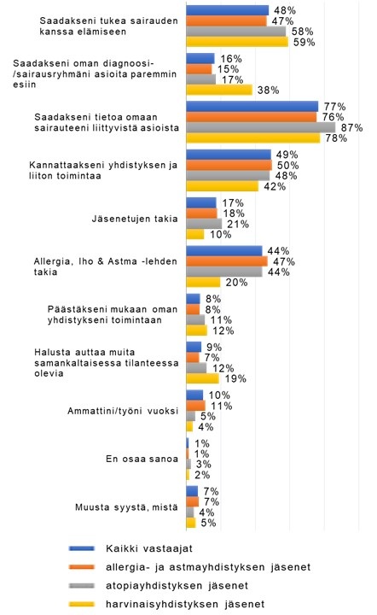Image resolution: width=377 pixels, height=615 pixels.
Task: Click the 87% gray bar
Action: tap(261, 127)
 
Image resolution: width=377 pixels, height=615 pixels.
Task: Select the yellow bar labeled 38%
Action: tap(219, 90)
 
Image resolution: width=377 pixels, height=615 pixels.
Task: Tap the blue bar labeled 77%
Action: tap(252, 106)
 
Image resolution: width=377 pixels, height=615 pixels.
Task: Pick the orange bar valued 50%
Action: tap(229, 165)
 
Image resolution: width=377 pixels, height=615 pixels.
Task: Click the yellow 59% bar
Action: tap(237, 42)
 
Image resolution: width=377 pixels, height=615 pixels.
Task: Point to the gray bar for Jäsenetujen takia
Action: tap(204, 224)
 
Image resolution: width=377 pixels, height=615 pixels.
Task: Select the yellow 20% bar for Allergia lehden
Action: tap(203, 283)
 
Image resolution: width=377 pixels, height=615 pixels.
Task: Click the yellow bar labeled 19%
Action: tap(202, 378)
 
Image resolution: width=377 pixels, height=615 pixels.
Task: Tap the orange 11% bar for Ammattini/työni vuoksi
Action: tap(195, 406)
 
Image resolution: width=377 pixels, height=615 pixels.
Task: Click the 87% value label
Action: tap(352, 128)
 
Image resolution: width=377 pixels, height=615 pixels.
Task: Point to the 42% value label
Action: tap(275, 186)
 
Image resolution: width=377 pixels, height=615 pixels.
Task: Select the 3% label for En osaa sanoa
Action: tap(204, 465)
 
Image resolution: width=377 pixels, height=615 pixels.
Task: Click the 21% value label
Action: tap(238, 224)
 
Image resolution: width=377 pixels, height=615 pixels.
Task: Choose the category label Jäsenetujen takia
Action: tap(135, 219)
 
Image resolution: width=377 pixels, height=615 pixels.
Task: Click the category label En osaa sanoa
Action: tap(142, 459)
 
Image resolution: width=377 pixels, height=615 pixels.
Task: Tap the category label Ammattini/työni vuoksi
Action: tap(123, 411)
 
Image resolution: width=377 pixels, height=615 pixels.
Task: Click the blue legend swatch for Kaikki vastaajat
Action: tap(82, 548)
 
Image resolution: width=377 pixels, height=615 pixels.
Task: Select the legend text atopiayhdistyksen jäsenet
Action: tap(177, 586)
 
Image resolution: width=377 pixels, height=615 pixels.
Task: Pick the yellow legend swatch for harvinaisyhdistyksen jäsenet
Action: tap(82, 604)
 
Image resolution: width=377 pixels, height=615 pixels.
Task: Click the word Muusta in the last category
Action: tap(88, 507)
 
